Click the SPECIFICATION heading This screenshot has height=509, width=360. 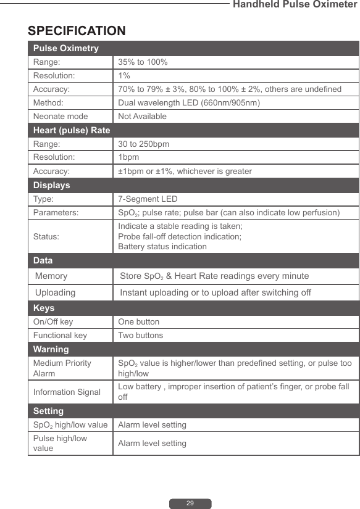77,31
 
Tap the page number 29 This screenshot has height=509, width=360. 190,503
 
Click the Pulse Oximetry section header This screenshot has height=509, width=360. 66,48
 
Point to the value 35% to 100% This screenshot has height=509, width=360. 143,62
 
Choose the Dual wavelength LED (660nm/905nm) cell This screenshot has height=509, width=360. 189,102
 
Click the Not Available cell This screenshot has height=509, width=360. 143,116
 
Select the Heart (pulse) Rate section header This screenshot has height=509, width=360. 72,130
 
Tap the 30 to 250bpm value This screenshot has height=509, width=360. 144,144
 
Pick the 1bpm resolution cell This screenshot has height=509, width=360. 128,157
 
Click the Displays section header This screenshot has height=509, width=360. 52,185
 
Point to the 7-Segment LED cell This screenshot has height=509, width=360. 148,199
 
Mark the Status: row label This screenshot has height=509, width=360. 46,236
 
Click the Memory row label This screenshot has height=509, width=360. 52,276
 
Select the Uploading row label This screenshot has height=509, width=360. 56,292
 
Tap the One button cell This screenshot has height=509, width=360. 139,321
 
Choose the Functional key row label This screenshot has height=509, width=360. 60,335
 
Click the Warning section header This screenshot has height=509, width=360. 51,349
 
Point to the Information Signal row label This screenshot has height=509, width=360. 67,392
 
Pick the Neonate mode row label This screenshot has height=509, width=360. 61,116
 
